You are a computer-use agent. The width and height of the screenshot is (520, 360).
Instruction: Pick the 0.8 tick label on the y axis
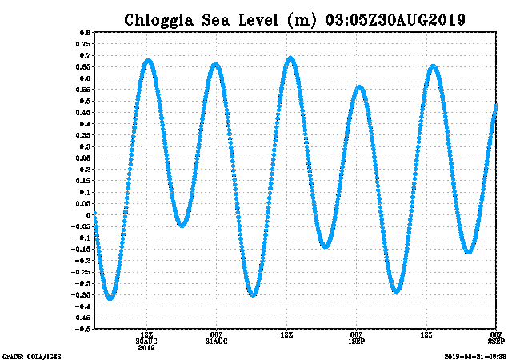coord(84,33)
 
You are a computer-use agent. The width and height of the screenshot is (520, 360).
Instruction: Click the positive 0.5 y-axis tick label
coord(84,101)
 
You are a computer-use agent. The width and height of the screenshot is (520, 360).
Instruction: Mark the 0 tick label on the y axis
coord(87,214)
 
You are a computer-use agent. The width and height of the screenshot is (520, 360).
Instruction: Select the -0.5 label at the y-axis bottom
coord(82,328)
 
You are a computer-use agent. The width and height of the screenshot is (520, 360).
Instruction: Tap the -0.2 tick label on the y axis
coord(82,260)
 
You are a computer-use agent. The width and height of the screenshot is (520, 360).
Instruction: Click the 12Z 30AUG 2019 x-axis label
coord(146,341)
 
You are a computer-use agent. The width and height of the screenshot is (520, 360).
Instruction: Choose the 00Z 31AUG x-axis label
coord(216,338)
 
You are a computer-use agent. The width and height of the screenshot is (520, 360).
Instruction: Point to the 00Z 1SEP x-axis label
coord(357,338)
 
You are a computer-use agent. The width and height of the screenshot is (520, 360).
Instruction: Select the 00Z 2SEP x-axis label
coord(496,338)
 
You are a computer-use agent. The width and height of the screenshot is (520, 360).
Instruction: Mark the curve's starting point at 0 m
coord(95,214)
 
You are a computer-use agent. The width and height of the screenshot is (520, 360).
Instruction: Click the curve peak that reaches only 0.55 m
coord(360,86)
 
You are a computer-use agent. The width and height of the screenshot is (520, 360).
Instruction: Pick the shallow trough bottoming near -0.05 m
coord(182,225)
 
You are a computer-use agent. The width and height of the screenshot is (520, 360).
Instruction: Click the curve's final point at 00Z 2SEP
coord(496,106)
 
